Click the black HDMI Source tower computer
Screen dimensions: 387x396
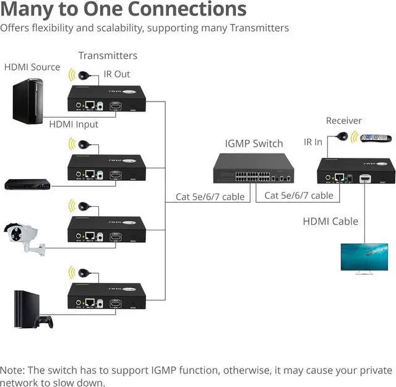pyautogui.click(x=29, y=100)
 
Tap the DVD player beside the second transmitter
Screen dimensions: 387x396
pyautogui.click(x=27, y=184)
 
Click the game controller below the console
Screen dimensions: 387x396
pyautogui.click(x=43, y=322)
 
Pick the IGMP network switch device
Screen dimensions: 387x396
pyautogui.click(x=254, y=168)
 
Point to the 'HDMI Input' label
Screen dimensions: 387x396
pyautogui.click(x=74, y=124)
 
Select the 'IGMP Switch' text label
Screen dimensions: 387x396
pyautogui.click(x=254, y=144)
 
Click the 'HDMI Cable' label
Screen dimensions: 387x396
pyautogui.click(x=330, y=221)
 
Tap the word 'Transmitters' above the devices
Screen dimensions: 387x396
pyautogui.click(x=108, y=56)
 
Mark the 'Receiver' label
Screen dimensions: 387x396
pyautogui.click(x=343, y=121)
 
